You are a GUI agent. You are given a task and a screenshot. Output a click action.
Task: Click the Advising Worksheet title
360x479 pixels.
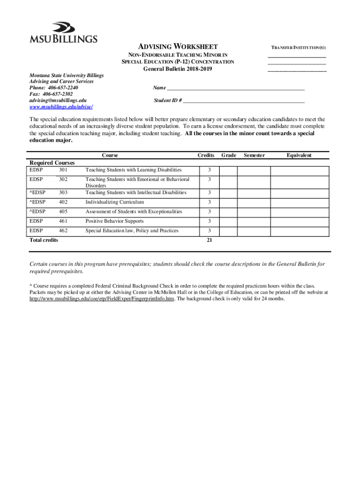[x=178, y=47]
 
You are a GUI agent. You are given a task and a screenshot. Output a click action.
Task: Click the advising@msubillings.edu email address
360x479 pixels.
[x=58, y=101]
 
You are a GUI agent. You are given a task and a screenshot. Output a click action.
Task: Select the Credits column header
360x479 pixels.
[x=206, y=155]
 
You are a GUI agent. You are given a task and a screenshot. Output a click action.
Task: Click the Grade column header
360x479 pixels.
[x=229, y=155]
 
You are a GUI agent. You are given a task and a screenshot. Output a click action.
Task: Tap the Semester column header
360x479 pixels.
[x=254, y=155]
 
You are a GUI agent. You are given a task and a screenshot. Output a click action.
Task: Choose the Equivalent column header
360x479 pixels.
[x=299, y=155]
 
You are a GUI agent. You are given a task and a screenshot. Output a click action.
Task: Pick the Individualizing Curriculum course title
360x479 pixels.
[x=115, y=202]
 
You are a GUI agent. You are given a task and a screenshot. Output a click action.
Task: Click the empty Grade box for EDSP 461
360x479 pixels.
[x=229, y=221]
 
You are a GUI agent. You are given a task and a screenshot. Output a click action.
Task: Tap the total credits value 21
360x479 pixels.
[x=209, y=240]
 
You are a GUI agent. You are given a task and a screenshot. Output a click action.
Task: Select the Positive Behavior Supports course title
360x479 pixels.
[x=115, y=221]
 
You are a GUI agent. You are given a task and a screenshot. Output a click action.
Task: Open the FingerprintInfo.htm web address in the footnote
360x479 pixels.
[x=101, y=298]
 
